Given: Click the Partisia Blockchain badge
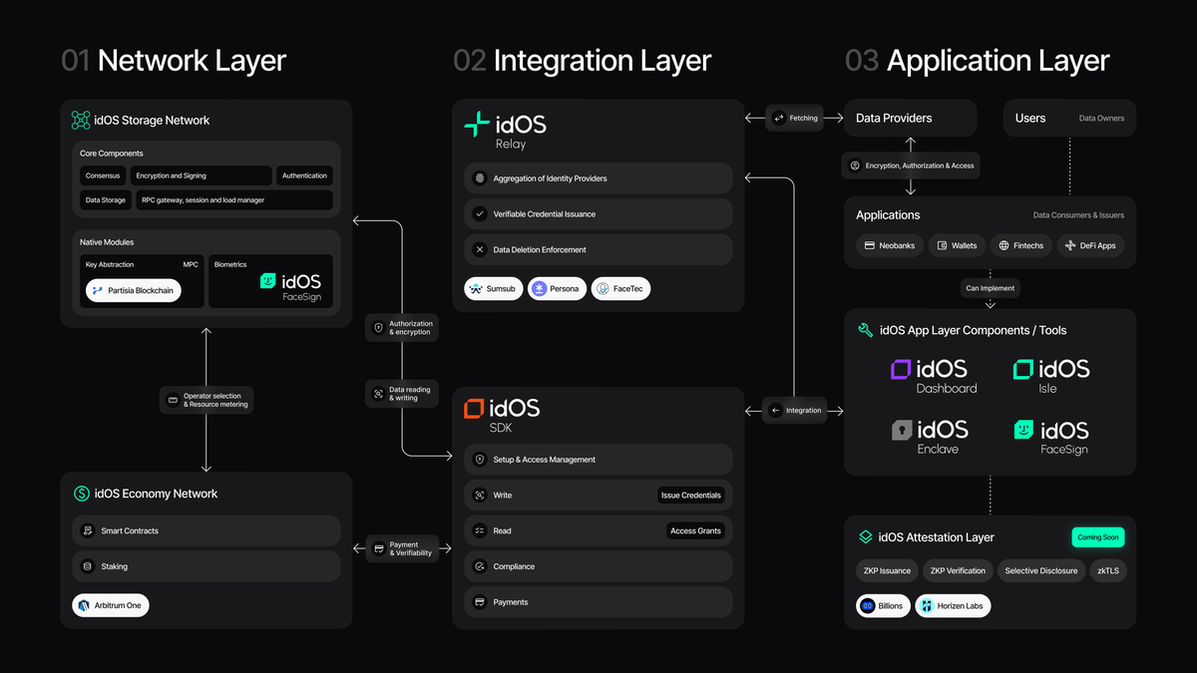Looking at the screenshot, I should [133, 290].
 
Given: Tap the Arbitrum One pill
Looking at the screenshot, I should [111, 605].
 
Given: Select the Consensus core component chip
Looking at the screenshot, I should [102, 175].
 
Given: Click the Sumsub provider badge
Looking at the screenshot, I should [494, 289].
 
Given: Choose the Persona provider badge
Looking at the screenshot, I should [557, 289].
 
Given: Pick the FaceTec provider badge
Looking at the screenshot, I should [620, 289].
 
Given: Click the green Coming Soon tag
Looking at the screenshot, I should [1097, 536].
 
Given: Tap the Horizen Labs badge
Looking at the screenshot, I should [953, 605].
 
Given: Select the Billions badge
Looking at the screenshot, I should [883, 605].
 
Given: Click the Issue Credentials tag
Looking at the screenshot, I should [692, 495].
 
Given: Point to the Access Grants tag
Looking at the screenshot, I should [695, 530].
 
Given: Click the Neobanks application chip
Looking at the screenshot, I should [889, 245].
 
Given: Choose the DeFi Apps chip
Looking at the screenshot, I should [1090, 245].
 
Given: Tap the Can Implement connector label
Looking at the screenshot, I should [990, 288].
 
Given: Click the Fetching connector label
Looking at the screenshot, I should [795, 118].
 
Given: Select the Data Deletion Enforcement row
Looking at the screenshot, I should [598, 249].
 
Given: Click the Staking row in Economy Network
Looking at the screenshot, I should [206, 566].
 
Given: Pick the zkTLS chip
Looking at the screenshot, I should [1107, 570].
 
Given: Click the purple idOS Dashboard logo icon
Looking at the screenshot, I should [902, 370].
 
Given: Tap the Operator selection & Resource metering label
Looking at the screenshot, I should [206, 400].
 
